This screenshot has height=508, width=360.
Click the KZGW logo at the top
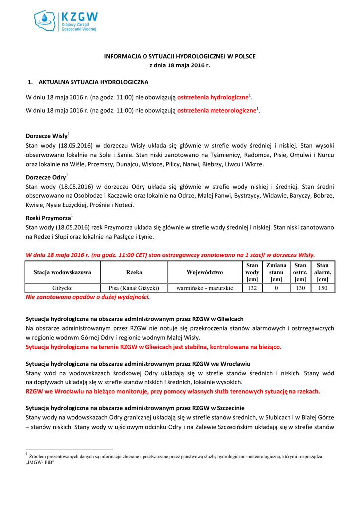[66, 21]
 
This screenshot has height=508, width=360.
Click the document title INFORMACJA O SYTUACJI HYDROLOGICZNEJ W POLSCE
[180, 56]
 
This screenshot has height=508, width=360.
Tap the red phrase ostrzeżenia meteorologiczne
[217, 111]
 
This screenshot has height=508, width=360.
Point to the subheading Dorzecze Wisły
[46, 136]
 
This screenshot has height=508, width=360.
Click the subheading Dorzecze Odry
[45, 177]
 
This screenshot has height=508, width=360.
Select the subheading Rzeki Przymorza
[48, 217]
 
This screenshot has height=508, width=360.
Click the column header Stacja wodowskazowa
[63, 272]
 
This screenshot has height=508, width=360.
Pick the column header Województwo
[205, 272]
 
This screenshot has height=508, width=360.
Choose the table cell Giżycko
[63, 288]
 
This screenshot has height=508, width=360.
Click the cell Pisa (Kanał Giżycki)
[134, 288]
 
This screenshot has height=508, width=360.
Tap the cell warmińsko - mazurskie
[205, 288]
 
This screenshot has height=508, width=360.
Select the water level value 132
[252, 288]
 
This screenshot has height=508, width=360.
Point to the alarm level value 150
[323, 288]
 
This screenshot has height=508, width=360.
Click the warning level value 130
[300, 288]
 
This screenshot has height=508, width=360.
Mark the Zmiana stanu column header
[276, 272]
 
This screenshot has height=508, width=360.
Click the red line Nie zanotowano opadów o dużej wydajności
[87, 297]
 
